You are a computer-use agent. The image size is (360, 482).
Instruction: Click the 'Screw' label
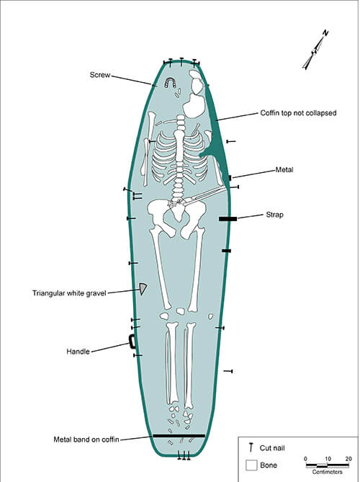pos(100,75)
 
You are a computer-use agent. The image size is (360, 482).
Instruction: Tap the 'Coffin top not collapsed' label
pos(298,113)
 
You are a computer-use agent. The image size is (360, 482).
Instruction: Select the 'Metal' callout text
pos(284,170)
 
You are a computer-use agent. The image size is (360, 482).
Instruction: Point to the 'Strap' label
pos(274,215)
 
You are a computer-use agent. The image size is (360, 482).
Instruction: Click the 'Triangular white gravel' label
pos(69,293)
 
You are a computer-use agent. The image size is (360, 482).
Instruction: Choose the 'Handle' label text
pos(78,352)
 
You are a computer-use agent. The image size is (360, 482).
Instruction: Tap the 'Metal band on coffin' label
pos(86,439)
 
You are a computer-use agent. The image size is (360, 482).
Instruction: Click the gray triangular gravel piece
pos(143,288)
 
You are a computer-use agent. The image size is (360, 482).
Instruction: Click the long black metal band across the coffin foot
pos(179,436)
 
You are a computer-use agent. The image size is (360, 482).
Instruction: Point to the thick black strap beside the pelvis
pos(228,219)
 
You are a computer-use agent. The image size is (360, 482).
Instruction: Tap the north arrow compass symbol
pos(315,50)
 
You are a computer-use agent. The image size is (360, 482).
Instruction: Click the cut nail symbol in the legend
pos(251,447)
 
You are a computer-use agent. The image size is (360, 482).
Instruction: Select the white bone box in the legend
pos(251,465)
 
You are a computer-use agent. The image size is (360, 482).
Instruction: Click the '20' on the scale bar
pos(348,459)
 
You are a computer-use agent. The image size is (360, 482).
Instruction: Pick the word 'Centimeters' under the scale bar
pos(327,471)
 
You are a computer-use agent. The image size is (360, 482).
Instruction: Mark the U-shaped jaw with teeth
pos(170,82)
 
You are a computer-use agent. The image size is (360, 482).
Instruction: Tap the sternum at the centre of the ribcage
pos(179,146)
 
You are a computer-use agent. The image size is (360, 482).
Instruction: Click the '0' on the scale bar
pos(305,459)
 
